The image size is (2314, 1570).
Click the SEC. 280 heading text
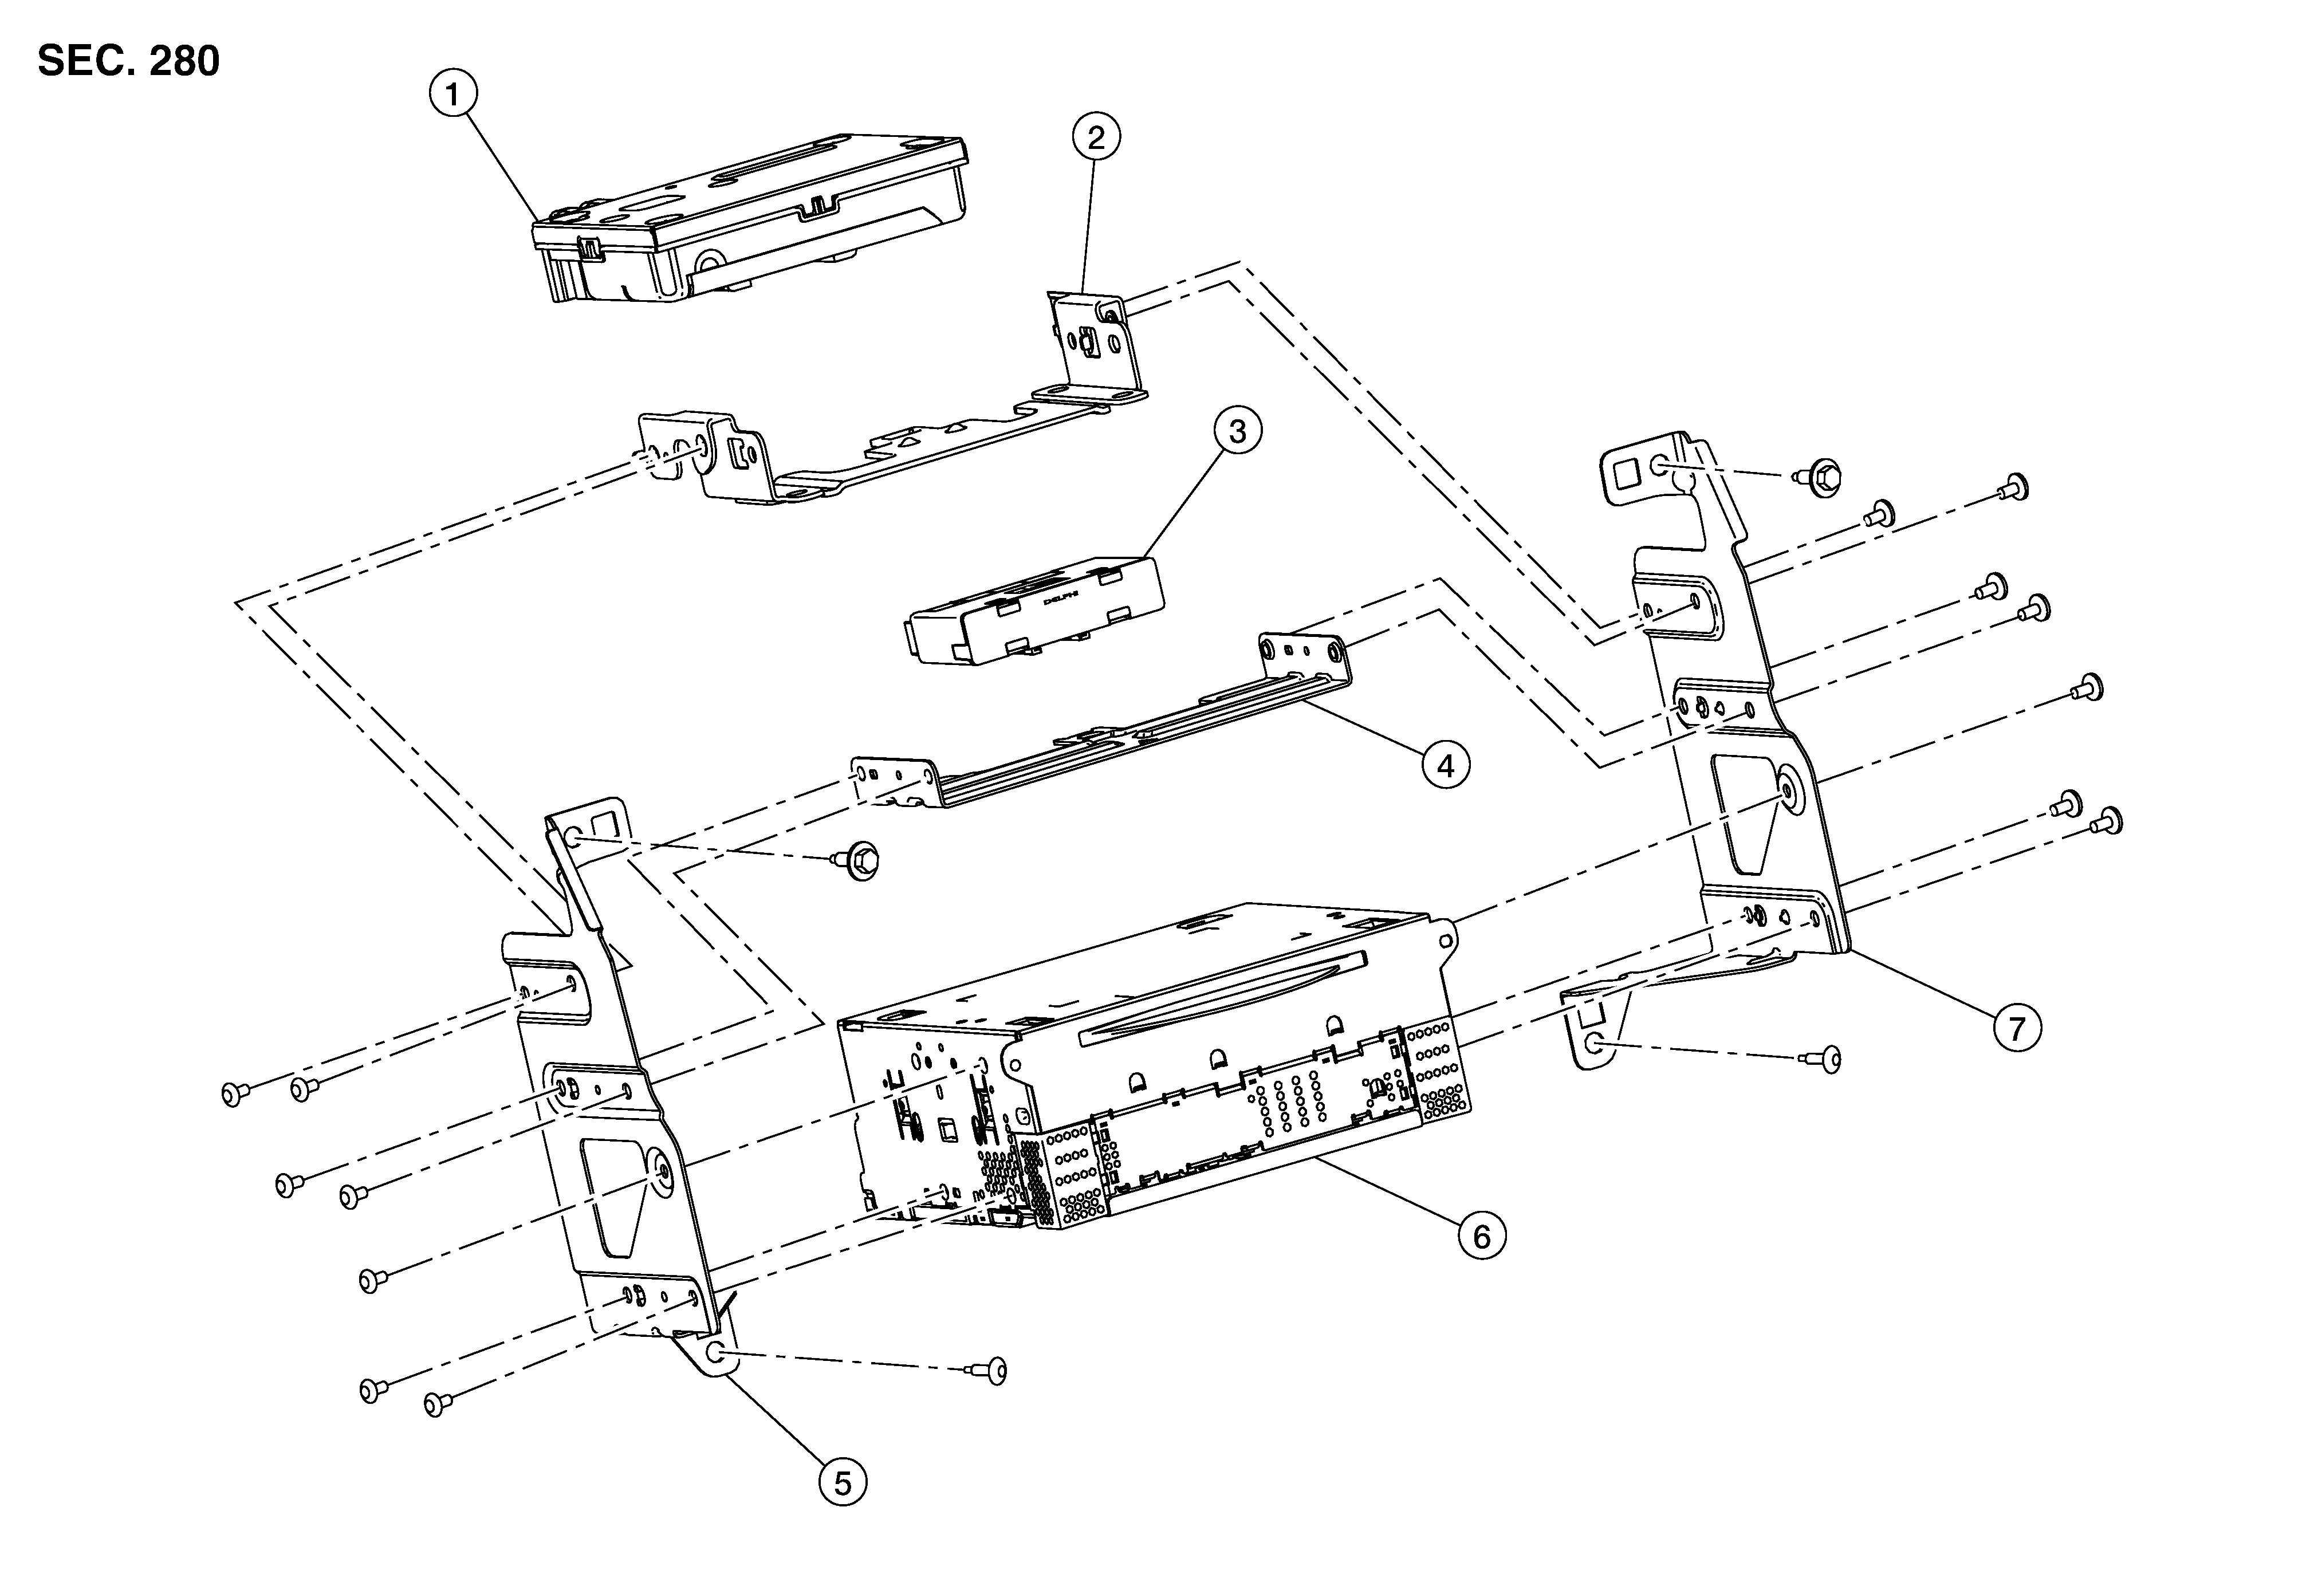pos(128,62)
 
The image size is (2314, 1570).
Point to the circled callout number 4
pos(1445,765)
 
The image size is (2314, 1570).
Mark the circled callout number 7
pos(2016,1028)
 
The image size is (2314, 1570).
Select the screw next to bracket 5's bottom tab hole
pos(991,1371)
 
